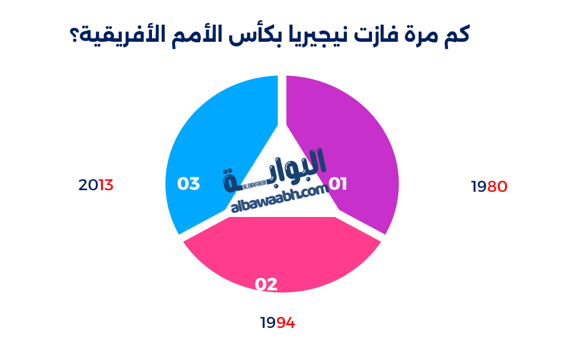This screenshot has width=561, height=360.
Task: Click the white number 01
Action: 338,184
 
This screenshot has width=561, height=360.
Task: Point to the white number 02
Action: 266,284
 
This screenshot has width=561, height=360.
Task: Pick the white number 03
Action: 188,184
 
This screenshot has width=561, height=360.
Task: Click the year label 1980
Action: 489,186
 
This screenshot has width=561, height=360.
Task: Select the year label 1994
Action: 278,323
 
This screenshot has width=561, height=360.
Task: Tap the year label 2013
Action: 96,185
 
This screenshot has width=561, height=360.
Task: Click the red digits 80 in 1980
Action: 497,186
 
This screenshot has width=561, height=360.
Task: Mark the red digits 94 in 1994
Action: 286,323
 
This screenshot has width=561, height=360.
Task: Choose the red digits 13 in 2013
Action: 105,185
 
